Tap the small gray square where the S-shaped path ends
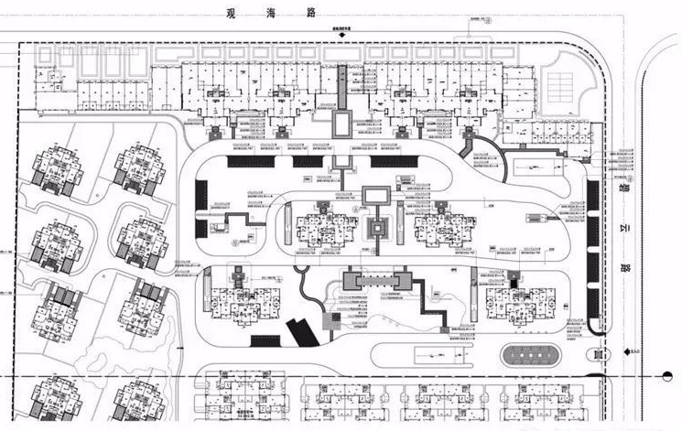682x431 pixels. pyautogui.click(x=331, y=320)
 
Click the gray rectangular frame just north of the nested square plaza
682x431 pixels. pyautogui.click(x=376, y=195)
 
